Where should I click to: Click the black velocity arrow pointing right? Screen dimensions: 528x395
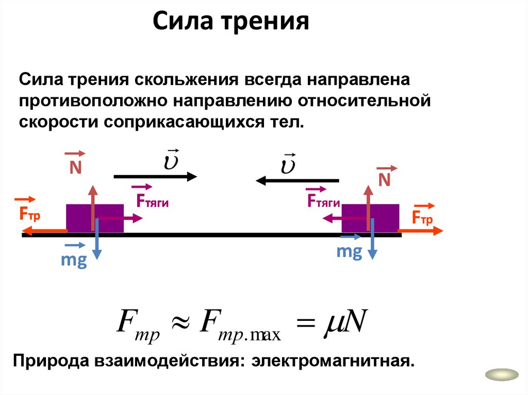(155, 177)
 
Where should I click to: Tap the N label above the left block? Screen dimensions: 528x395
(76, 168)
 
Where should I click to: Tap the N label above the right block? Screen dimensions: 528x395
(385, 179)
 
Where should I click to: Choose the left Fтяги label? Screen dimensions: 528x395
(153, 201)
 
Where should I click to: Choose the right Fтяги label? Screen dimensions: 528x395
(323, 201)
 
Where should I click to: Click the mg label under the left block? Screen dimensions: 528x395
(73, 260)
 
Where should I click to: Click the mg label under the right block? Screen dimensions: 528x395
(349, 252)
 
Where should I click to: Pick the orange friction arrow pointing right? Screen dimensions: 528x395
(420, 232)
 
